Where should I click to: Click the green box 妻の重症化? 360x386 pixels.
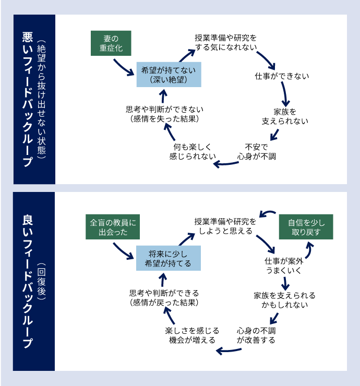[110, 43]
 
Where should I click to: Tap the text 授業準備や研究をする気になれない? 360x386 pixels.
[225, 43]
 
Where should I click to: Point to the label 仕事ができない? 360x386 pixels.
[282, 76]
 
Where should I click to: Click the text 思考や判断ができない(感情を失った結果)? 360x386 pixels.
[164, 114]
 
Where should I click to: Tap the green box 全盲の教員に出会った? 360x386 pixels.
[113, 227]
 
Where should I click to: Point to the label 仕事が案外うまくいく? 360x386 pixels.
[283, 266]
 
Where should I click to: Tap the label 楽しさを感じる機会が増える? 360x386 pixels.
[192, 335]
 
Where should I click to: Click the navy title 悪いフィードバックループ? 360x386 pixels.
[28, 99]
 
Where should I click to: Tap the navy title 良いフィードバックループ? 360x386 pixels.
[28, 282]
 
